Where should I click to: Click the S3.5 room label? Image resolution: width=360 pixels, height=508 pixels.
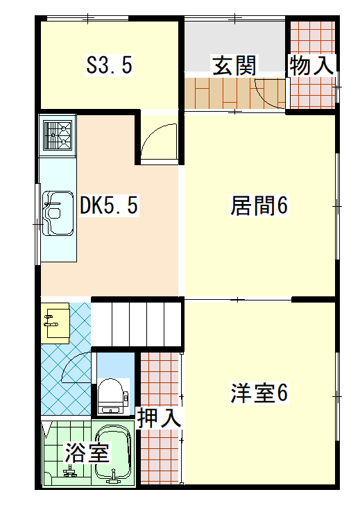coord(110,65)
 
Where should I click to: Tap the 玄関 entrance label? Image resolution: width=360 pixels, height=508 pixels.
coord(234,66)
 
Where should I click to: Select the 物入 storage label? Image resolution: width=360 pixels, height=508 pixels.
coord(311,65)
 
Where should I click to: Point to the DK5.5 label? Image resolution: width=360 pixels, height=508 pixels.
coord(109,205)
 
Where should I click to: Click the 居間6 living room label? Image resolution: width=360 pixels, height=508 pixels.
coord(259,205)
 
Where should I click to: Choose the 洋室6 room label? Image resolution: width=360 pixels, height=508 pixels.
coord(259,393)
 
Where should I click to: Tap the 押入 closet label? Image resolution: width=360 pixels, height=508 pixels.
coord(159,418)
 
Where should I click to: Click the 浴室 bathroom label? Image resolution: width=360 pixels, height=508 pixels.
coord(87,452)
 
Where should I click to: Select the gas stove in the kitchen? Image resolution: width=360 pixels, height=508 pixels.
coord(58,135)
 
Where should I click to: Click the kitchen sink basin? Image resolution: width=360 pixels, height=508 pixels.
coord(58,213)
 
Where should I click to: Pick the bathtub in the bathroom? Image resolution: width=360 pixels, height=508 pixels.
coord(113,453)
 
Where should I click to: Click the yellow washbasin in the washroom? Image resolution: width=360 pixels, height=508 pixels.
coord(55,323)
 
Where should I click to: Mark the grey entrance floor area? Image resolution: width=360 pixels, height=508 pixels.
coord(234,46)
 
